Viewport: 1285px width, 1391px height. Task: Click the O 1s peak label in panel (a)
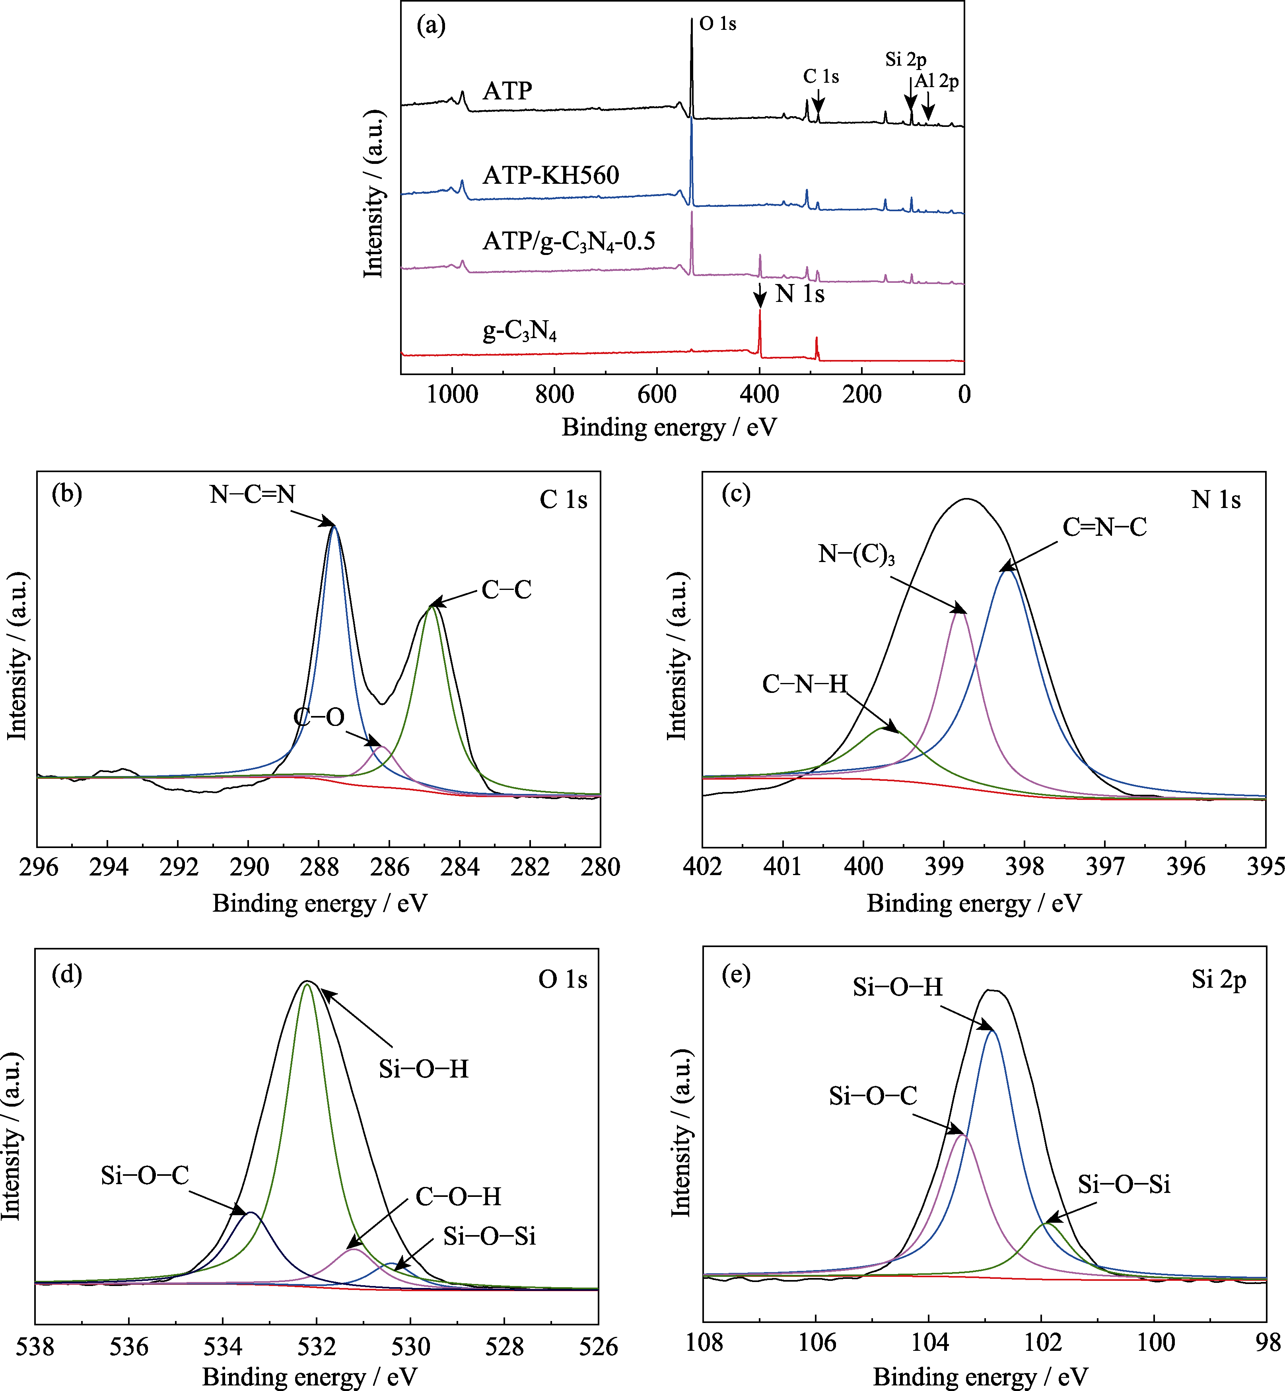coord(717,24)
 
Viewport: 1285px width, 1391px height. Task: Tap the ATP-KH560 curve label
coord(551,175)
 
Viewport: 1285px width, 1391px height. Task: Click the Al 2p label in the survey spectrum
coord(937,82)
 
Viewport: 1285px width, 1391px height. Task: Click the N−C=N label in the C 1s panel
coord(253,494)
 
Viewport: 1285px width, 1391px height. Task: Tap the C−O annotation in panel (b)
coord(319,717)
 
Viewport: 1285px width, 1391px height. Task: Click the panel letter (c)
coord(736,494)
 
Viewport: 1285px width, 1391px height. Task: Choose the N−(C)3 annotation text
coord(856,554)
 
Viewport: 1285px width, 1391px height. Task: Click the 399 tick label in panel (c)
coord(944,867)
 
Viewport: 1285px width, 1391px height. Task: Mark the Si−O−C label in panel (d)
coord(145,1175)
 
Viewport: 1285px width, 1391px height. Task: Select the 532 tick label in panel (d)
coord(317,1347)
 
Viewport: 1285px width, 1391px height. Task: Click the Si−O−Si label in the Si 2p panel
coord(1124,1185)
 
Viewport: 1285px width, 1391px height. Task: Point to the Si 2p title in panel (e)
coord(1218,979)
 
